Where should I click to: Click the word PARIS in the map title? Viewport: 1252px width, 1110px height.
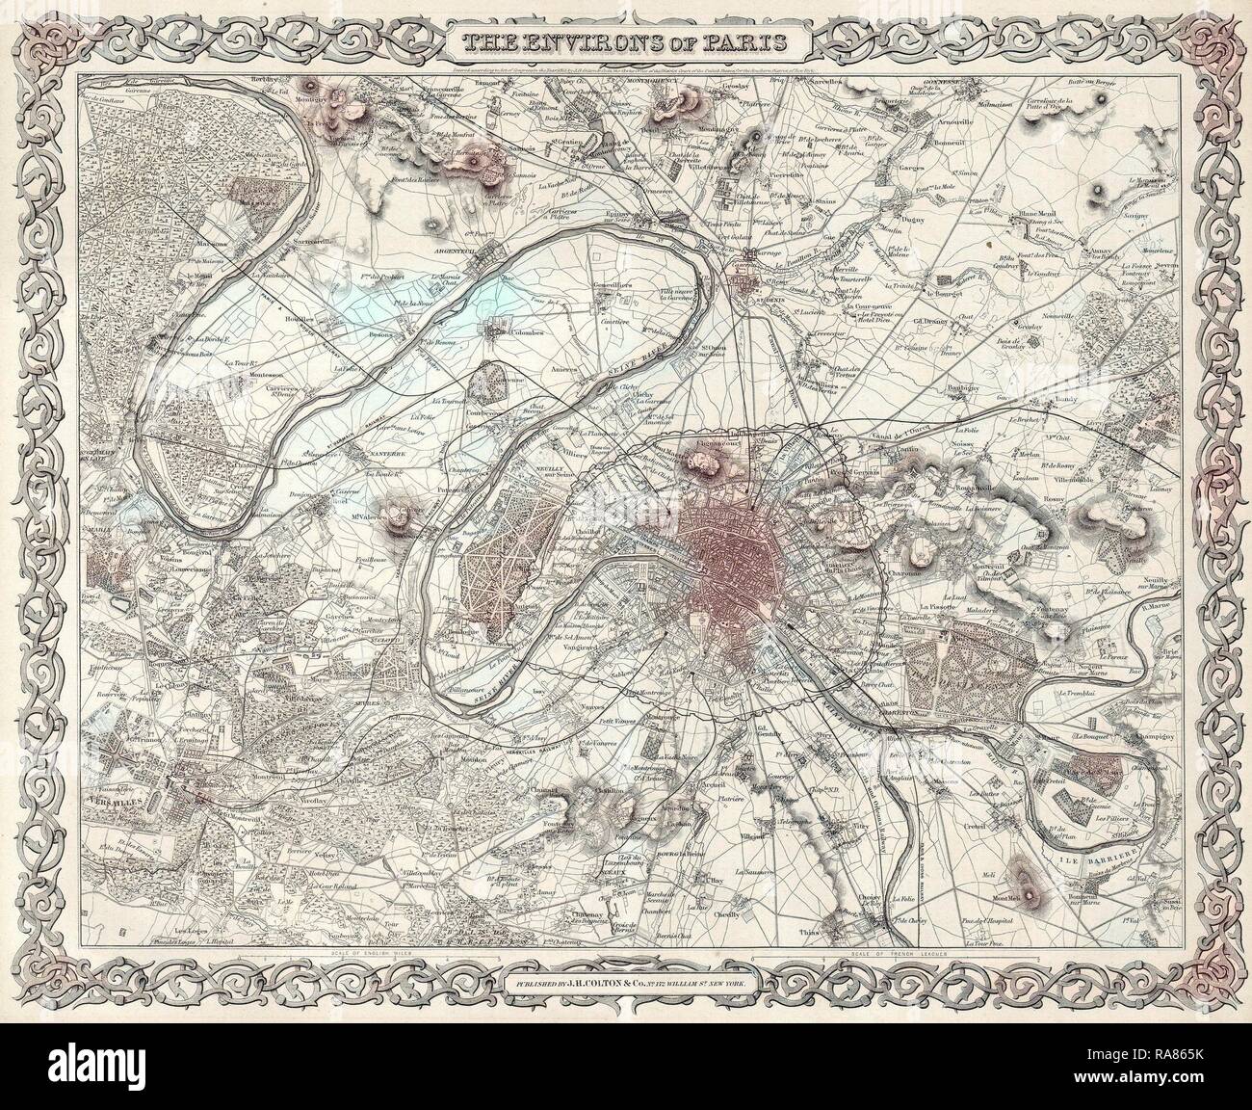[742, 42]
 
